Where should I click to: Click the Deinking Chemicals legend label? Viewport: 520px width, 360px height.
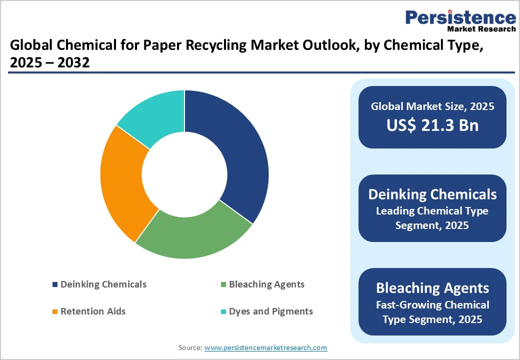[103, 284]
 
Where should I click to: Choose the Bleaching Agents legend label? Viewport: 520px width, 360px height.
[266, 284]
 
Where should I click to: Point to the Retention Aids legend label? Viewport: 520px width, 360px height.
[93, 311]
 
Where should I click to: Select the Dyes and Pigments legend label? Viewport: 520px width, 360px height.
[270, 311]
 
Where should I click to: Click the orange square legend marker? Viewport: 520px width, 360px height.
[55, 312]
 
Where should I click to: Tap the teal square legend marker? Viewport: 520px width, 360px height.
[223, 312]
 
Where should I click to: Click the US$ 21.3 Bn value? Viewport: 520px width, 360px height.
[432, 125]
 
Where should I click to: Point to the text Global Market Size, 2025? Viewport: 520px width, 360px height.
[432, 106]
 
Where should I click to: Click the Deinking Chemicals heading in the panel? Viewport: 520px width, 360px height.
[432, 194]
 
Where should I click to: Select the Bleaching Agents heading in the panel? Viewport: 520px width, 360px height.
[432, 288]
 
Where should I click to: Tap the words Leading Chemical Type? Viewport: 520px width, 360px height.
[432, 211]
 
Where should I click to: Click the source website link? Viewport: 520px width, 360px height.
[265, 347]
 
